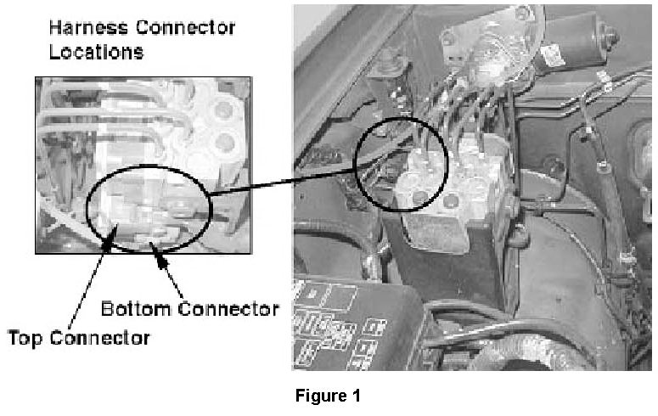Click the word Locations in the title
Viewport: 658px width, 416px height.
click(x=96, y=52)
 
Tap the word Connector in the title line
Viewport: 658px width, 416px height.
click(x=183, y=27)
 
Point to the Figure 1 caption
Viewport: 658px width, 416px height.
click(x=328, y=396)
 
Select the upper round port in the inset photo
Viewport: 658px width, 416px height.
click(x=224, y=107)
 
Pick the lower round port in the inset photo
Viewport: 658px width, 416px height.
click(x=224, y=139)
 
